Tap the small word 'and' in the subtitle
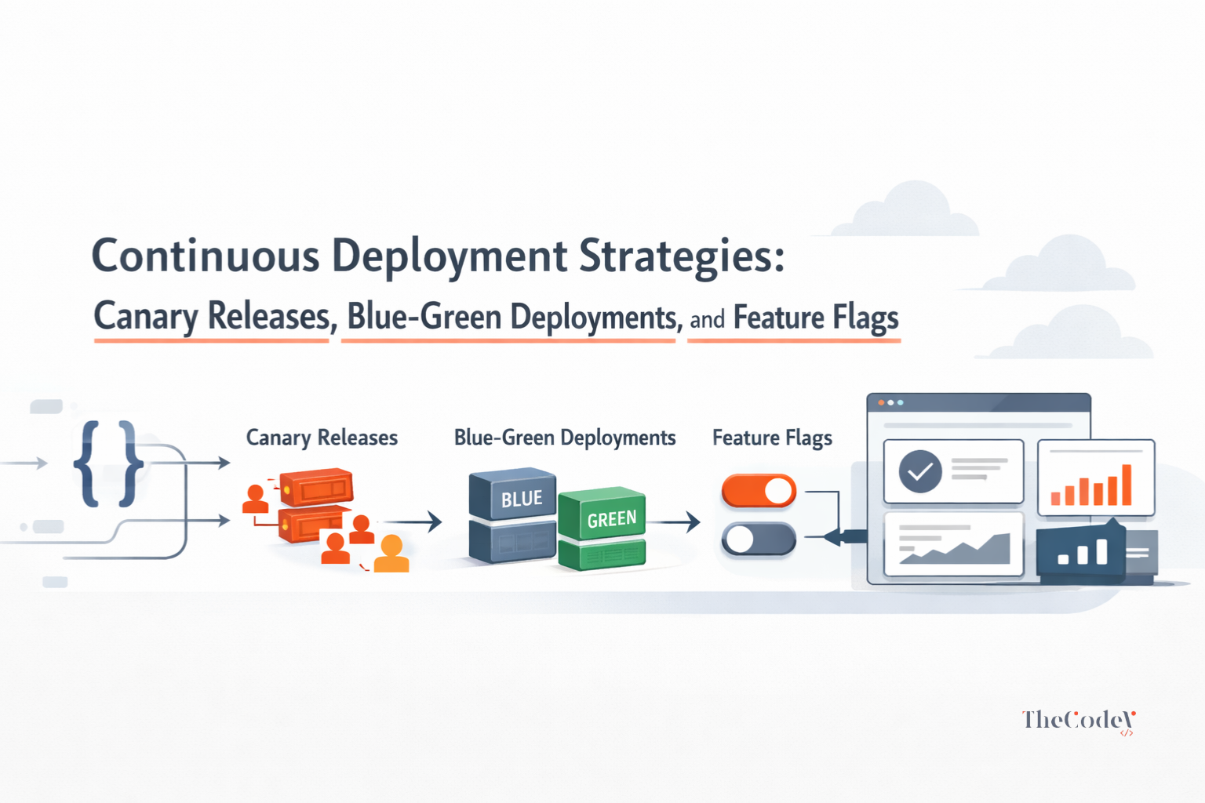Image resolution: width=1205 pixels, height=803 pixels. click(x=707, y=319)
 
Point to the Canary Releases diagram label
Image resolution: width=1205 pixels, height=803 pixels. click(x=322, y=438)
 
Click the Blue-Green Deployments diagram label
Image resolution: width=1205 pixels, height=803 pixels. click(x=565, y=438)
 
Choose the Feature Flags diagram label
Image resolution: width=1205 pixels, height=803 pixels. click(x=772, y=438)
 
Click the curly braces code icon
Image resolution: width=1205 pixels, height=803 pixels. click(x=108, y=463)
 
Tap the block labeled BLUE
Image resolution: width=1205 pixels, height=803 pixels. click(x=513, y=496)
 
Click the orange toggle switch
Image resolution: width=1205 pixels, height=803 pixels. click(x=758, y=491)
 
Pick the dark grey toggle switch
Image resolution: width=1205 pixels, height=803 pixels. click(x=758, y=540)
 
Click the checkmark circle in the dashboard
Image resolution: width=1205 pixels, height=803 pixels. click(x=919, y=471)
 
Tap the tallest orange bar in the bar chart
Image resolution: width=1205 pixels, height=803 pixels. click(x=1127, y=485)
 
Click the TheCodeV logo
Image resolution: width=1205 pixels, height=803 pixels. click(x=1078, y=721)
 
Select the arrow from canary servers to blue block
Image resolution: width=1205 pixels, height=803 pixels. click(x=412, y=520)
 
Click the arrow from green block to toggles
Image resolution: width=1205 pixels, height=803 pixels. click(x=674, y=521)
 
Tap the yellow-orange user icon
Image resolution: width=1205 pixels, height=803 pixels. click(x=391, y=554)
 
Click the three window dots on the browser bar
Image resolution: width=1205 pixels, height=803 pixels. click(x=890, y=402)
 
